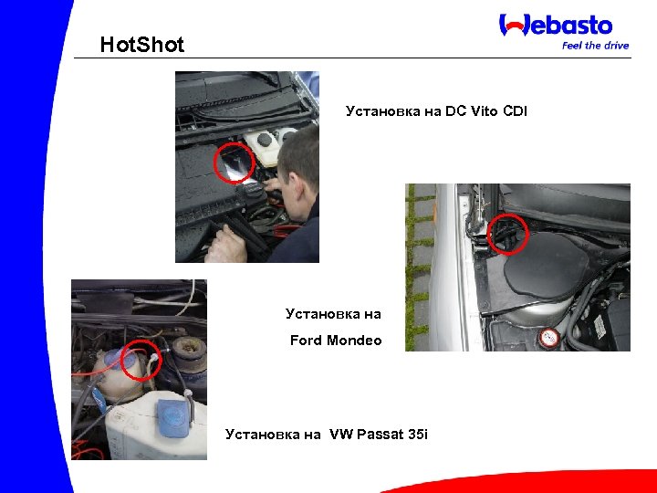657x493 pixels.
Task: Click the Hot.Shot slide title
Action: (141, 45)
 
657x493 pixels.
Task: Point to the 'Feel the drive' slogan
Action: (595, 46)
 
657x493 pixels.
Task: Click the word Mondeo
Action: (352, 341)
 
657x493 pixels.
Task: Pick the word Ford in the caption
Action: (306, 341)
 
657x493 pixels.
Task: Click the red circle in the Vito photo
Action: (234, 163)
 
